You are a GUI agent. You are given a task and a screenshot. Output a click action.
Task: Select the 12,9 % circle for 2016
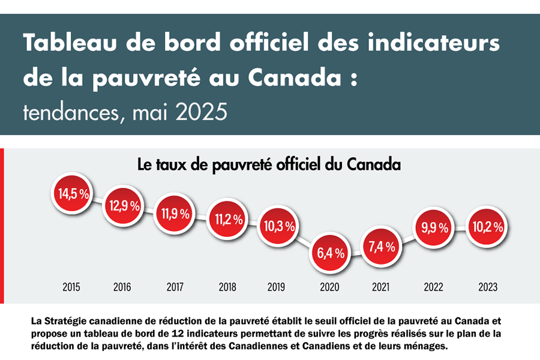tap(125, 205)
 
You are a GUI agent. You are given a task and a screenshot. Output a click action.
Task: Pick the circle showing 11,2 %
tap(227, 219)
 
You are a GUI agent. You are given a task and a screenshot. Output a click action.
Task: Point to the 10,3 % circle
tap(278, 226)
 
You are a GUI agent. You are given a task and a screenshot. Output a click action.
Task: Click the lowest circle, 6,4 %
tap(330, 253)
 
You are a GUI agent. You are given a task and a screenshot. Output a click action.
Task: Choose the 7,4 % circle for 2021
tap(381, 246)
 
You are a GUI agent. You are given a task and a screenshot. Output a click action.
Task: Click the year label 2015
tap(72, 287)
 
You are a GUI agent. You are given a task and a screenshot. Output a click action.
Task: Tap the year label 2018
tap(227, 287)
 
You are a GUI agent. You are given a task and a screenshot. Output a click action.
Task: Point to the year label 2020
tap(330, 287)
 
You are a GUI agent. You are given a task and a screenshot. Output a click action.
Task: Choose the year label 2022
tap(433, 287)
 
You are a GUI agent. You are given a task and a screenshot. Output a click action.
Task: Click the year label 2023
tap(487, 287)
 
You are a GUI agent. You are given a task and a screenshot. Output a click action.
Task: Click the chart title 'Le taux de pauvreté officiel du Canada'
tap(269, 164)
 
